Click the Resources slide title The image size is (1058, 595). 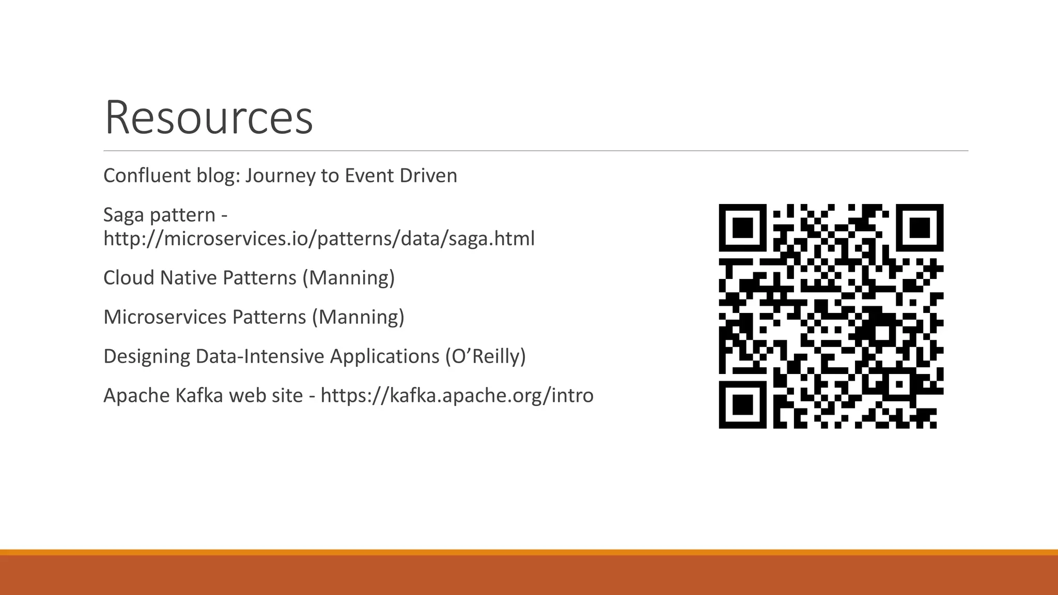tap(209, 118)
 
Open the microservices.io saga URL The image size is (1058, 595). tap(319, 239)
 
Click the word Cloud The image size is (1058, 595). tap(128, 278)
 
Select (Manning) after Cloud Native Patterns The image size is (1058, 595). tap(348, 278)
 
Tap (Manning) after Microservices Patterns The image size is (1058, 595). tap(357, 317)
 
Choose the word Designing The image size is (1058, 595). tap(146, 356)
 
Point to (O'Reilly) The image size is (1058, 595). tap(485, 356)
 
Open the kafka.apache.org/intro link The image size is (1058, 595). tap(457, 396)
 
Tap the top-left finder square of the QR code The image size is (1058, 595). tap(742, 228)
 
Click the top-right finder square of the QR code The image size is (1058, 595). tap(920, 228)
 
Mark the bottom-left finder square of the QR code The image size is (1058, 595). tap(742, 404)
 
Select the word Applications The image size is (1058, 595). tap(384, 356)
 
